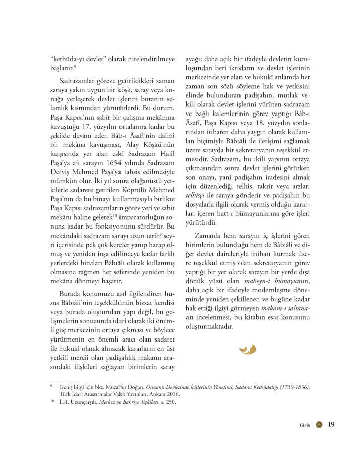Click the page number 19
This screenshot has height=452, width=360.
click(x=331, y=424)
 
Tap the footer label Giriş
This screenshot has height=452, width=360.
click(x=305, y=425)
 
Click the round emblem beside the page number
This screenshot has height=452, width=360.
click(x=318, y=424)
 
